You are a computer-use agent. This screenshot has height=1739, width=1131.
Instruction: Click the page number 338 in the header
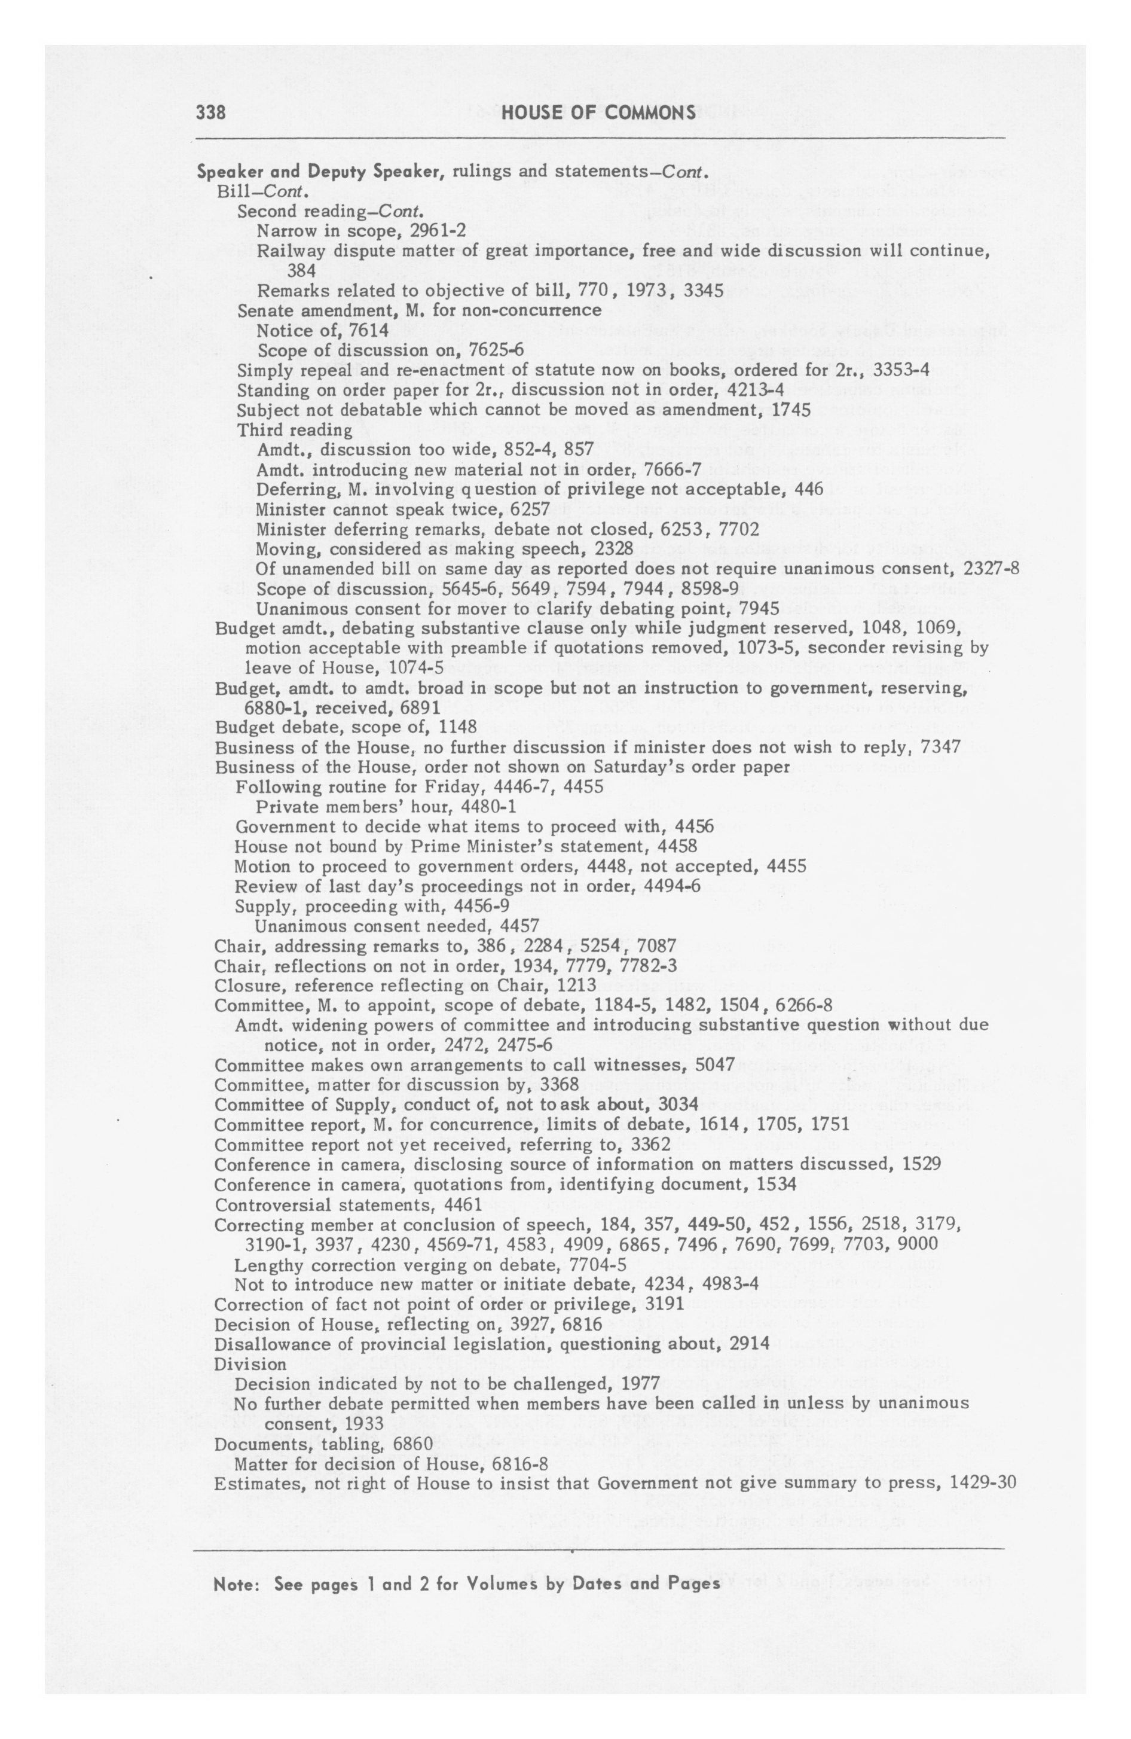click(x=210, y=113)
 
